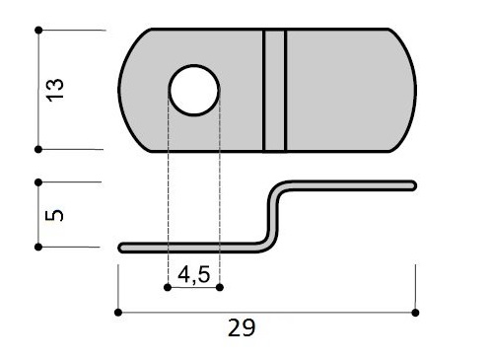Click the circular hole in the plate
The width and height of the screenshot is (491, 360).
[x=194, y=91]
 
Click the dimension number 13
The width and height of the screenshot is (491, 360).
[x=54, y=90]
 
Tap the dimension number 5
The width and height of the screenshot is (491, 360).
[x=54, y=215]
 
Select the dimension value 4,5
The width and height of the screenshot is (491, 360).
[x=194, y=274]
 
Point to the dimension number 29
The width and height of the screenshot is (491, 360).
[x=242, y=327]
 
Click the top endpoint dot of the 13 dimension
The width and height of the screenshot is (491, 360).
[x=38, y=31]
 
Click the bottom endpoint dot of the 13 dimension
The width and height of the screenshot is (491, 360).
[x=38, y=149]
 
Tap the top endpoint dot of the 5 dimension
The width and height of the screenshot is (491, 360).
[x=38, y=182]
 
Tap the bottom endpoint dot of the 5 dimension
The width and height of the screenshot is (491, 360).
[x=38, y=247]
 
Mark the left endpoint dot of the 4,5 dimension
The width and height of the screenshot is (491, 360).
[x=168, y=288]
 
